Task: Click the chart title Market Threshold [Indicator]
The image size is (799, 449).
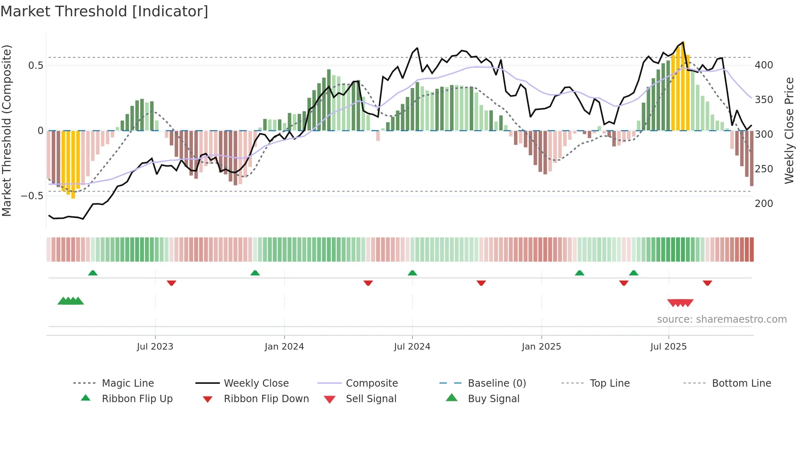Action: (104, 11)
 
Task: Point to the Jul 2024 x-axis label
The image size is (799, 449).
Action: (412, 346)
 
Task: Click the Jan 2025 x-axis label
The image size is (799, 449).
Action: (541, 346)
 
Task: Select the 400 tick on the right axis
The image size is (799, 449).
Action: (764, 65)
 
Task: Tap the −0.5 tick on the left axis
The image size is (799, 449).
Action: (32, 196)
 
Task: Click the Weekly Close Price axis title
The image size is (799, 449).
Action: (789, 130)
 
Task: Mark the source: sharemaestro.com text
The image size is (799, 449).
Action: (722, 319)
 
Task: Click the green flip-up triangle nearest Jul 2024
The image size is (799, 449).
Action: (412, 273)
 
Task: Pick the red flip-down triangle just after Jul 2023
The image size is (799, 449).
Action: (171, 283)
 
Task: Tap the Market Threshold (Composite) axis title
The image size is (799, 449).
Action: (7, 130)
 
